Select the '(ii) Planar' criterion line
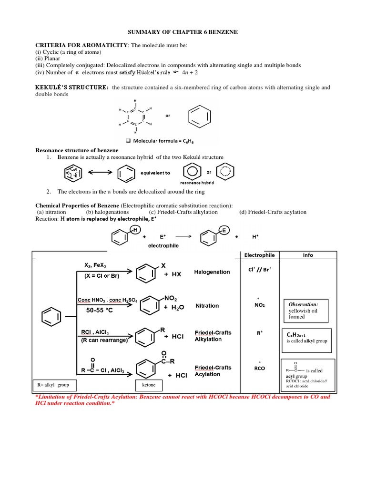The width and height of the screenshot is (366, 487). (48, 58)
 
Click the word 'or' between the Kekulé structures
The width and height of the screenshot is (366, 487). (167, 115)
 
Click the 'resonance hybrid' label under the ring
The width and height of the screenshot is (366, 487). (197, 183)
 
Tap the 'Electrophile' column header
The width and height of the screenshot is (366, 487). (259, 255)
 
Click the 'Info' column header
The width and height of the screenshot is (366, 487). (308, 255)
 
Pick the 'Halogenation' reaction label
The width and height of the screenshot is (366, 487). (212, 272)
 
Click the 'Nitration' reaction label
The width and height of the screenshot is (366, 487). (207, 306)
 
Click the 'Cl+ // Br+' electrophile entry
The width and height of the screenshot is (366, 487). (260, 270)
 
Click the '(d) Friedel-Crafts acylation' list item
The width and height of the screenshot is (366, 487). (273, 212)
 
